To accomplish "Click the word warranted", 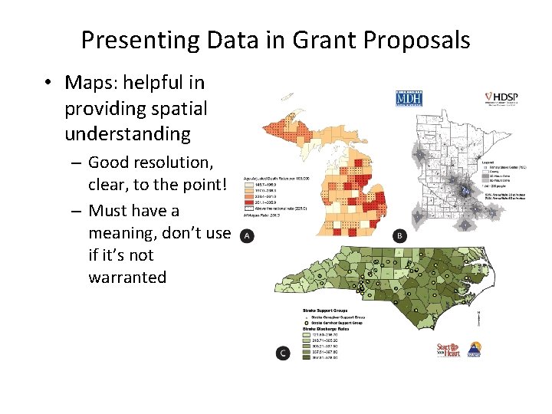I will click(x=127, y=277).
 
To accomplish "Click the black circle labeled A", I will click(x=247, y=235).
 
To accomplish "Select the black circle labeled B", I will click(x=399, y=236).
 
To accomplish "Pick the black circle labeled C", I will click(x=283, y=353).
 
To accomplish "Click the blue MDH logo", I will click(x=404, y=99).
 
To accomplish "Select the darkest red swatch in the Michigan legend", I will click(x=249, y=202).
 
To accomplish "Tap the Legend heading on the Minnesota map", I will click(x=486, y=163).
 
